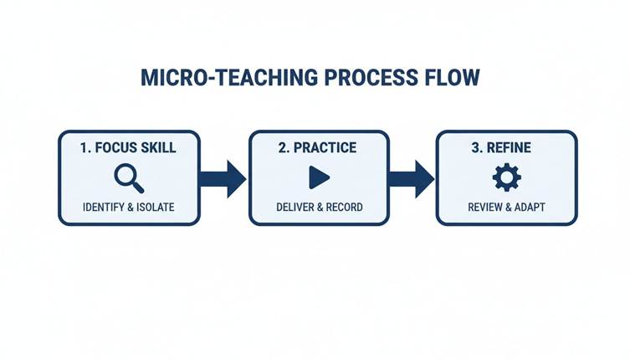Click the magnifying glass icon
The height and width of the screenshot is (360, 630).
tap(128, 177)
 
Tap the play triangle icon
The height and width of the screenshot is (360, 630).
tap(318, 177)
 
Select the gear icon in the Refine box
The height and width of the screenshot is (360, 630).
tap(506, 177)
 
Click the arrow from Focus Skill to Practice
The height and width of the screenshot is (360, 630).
tap(223, 177)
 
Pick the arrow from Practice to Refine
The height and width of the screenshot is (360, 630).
tap(412, 177)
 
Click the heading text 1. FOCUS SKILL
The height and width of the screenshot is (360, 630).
tap(128, 148)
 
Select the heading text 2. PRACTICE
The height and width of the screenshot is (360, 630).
tap(317, 148)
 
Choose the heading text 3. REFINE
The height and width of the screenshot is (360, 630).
tap(506, 148)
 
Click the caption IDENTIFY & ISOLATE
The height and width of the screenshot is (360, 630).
tap(128, 207)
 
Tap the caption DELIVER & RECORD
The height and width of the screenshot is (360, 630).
tap(319, 207)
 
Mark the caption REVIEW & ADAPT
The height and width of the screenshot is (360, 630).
tap(506, 207)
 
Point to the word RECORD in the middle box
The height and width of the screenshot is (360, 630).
tap(343, 207)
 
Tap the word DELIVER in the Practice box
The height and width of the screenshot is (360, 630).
tap(295, 207)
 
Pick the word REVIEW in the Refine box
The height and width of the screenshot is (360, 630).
tap(484, 207)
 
